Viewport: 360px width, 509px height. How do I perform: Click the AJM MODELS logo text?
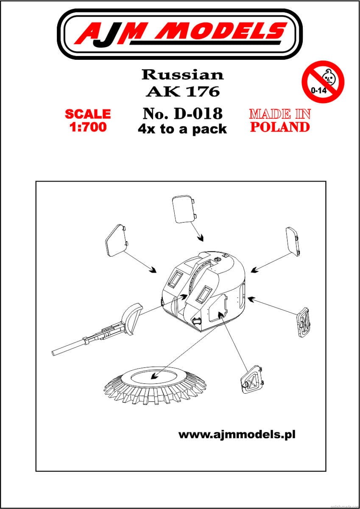[181, 33]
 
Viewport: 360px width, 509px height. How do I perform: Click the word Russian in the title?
[183, 75]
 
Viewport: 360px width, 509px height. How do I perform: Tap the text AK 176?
[183, 92]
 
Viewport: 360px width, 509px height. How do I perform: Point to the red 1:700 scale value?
[88, 127]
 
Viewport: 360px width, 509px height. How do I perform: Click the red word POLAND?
[280, 127]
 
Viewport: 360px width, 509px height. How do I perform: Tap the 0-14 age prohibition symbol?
[323, 81]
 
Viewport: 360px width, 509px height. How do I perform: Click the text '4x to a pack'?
[182, 129]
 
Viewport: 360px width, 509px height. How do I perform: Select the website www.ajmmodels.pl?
[237, 435]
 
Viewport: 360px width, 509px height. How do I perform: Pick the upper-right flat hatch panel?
[293, 242]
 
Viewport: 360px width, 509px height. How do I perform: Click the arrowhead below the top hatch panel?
[200, 238]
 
